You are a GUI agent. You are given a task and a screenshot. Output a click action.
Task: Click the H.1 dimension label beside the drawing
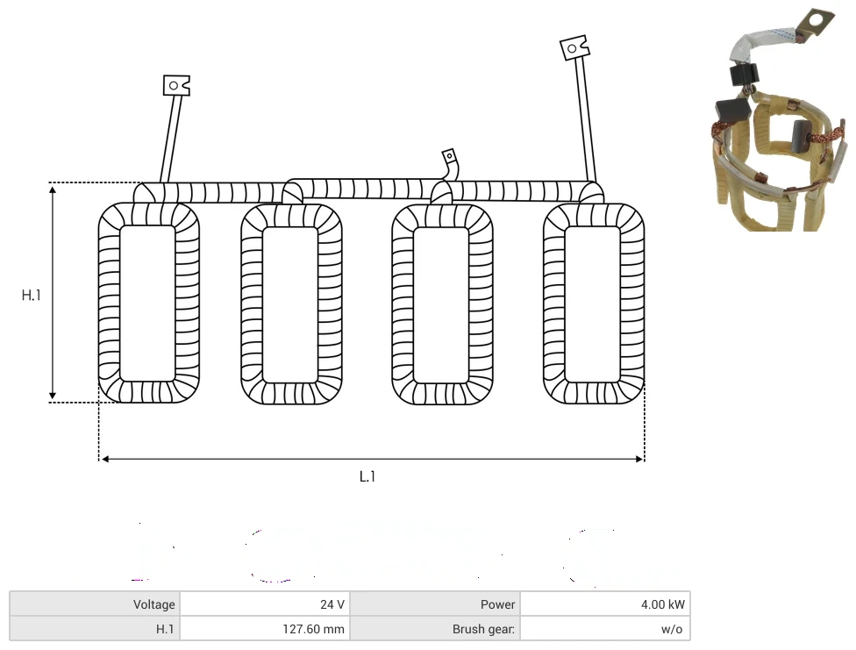[31, 295]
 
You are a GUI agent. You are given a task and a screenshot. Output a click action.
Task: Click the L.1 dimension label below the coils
[367, 476]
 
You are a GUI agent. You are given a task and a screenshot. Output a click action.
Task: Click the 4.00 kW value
[663, 604]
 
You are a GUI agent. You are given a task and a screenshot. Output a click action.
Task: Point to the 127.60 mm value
[313, 629]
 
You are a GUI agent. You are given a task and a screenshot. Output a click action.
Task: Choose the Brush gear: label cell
[483, 629]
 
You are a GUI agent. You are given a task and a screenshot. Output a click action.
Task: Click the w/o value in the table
[672, 629]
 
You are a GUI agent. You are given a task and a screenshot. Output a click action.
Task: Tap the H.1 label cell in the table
[165, 629]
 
